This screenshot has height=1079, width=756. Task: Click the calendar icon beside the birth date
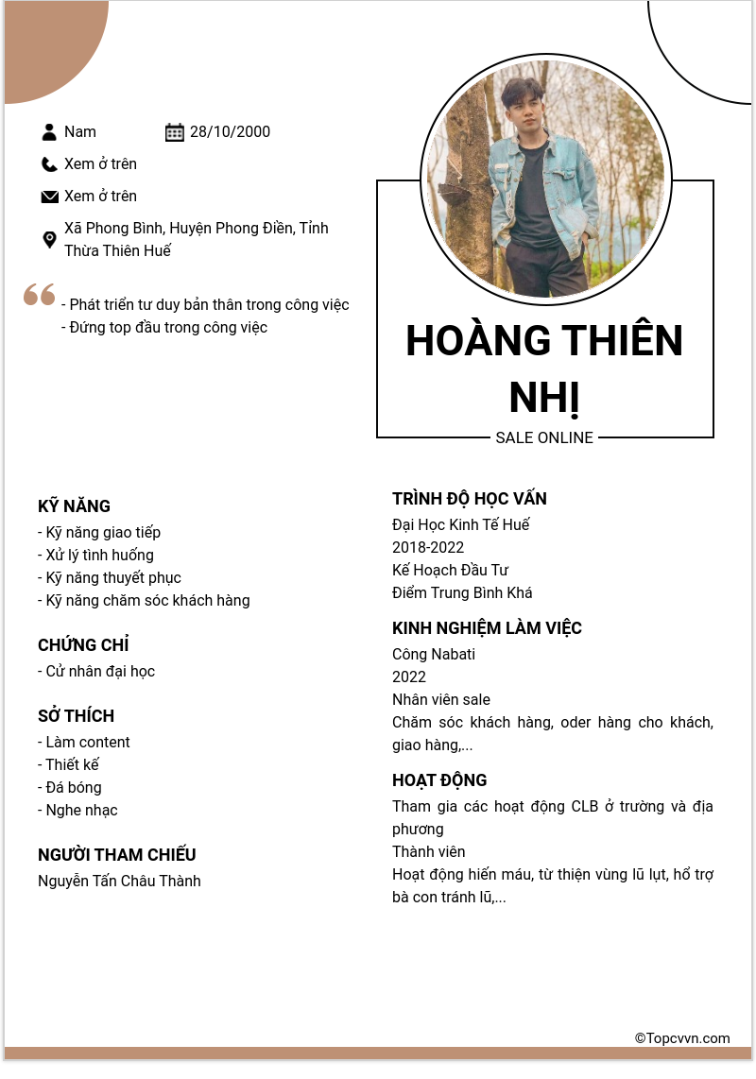pyautogui.click(x=175, y=132)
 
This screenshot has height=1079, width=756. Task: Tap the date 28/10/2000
pyautogui.click(x=230, y=132)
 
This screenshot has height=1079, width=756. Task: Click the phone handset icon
pyautogui.click(x=50, y=164)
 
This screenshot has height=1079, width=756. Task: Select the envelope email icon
pyautogui.click(x=50, y=197)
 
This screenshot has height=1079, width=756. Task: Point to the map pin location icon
pyautogui.click(x=50, y=240)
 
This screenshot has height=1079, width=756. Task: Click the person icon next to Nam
pyautogui.click(x=50, y=132)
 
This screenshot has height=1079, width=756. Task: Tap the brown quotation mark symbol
pyautogui.click(x=40, y=295)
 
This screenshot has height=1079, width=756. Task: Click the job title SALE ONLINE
pyautogui.click(x=544, y=438)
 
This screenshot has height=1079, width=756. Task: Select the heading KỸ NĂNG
pyautogui.click(x=75, y=506)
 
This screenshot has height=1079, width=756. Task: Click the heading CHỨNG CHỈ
pyautogui.click(x=83, y=645)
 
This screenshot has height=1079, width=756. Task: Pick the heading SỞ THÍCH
pyautogui.click(x=76, y=716)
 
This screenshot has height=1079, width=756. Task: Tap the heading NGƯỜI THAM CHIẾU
pyautogui.click(x=117, y=855)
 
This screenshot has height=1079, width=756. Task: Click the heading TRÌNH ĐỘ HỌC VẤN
pyautogui.click(x=470, y=499)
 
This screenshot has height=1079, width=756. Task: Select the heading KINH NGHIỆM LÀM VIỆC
pyautogui.click(x=487, y=628)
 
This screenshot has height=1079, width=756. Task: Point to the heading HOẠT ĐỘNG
pyautogui.click(x=439, y=780)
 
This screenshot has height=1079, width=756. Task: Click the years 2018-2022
pyautogui.click(x=428, y=548)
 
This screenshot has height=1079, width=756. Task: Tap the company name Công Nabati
pyautogui.click(x=434, y=655)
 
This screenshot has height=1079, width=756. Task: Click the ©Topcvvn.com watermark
pyautogui.click(x=682, y=1038)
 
